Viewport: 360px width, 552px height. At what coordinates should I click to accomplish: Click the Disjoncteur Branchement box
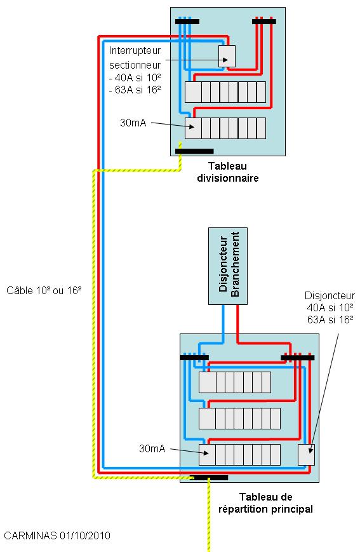[x=228, y=266]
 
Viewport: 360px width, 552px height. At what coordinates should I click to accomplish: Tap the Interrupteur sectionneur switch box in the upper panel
[x=227, y=56]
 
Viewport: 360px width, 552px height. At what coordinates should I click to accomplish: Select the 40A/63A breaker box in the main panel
[x=306, y=454]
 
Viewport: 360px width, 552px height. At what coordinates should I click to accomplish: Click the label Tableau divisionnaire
[x=228, y=172]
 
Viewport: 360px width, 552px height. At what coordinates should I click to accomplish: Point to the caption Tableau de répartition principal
[x=265, y=503]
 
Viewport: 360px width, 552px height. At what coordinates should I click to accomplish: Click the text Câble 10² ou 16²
[x=44, y=290]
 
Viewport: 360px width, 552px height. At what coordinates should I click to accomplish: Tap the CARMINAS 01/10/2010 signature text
[x=57, y=535]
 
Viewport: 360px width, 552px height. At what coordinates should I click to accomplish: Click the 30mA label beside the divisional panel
[x=133, y=123]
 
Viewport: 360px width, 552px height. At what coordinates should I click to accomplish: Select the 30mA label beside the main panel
[x=152, y=448]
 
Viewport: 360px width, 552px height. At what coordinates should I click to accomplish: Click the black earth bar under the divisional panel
[x=194, y=151]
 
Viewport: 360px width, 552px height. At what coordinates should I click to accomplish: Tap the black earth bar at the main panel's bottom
[x=209, y=478]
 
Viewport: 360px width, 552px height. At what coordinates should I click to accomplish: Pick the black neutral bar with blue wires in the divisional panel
[x=187, y=22]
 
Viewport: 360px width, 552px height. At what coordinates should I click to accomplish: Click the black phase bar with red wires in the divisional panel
[x=264, y=22]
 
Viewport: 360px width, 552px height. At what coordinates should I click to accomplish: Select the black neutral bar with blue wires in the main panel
[x=194, y=358]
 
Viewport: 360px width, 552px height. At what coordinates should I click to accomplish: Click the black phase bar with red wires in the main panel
[x=298, y=358]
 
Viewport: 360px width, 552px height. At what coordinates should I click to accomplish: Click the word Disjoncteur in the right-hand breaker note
[x=330, y=295]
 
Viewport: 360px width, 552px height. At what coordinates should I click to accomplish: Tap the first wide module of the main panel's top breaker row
[x=207, y=382]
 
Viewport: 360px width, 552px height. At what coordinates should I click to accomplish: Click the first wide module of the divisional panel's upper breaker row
[x=193, y=92]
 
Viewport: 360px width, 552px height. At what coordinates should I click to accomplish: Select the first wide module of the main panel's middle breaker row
[x=207, y=419]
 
